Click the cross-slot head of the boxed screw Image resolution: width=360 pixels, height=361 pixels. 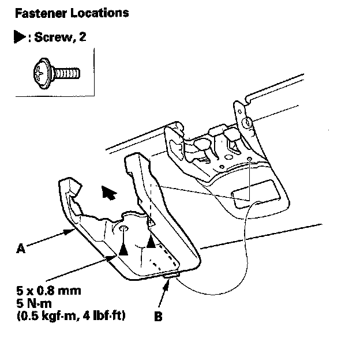point(40,73)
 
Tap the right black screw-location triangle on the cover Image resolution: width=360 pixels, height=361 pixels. point(151,243)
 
